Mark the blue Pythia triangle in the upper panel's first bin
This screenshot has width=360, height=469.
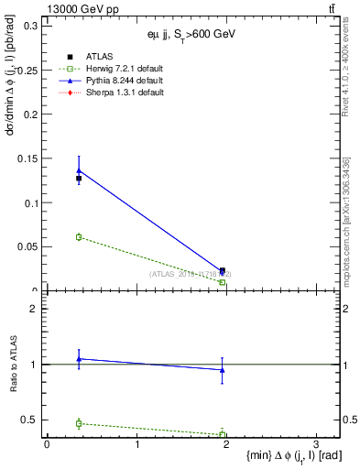79,170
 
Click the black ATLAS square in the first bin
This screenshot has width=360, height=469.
79,179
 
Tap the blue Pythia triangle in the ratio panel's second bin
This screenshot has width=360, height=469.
223,370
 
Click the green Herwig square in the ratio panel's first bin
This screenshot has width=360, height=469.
79,423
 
